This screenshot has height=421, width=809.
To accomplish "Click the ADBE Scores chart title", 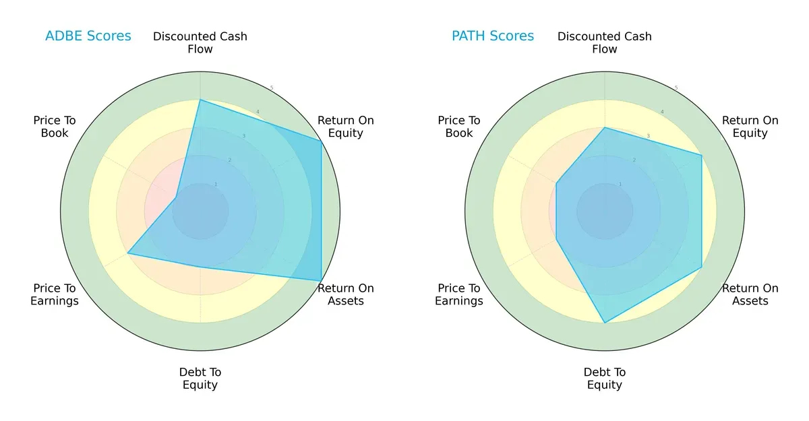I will pyautogui.click(x=88, y=36).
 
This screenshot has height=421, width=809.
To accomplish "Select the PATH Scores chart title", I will pyautogui.click(x=493, y=36).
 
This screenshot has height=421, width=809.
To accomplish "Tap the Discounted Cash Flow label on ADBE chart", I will pyautogui.click(x=200, y=42).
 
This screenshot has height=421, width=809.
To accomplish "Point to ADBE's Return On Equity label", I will pyautogui.click(x=346, y=127).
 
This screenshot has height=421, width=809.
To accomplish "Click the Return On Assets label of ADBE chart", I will pyautogui.click(x=346, y=294).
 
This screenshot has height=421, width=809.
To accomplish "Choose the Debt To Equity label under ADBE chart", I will pyautogui.click(x=200, y=379).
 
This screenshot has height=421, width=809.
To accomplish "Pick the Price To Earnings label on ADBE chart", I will pyautogui.click(x=55, y=294).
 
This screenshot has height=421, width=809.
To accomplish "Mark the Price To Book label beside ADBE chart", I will pyautogui.click(x=55, y=127).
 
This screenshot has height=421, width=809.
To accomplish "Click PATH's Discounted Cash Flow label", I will pyautogui.click(x=605, y=42).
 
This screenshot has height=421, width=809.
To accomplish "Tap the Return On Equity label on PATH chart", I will pyautogui.click(x=750, y=127).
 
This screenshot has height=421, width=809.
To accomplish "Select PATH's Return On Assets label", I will pyautogui.click(x=750, y=294).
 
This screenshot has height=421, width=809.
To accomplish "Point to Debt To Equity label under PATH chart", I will pyautogui.click(x=605, y=379).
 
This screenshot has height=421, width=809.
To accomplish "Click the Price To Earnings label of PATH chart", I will pyautogui.click(x=459, y=294).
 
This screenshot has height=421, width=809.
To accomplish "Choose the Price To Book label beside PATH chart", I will pyautogui.click(x=459, y=127).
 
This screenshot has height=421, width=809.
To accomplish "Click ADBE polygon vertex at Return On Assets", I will pyautogui.click(x=321, y=280).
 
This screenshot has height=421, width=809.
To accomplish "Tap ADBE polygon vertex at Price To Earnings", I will pyautogui.click(x=128, y=253).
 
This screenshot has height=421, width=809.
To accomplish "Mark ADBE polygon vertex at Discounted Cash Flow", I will pyautogui.click(x=200, y=100).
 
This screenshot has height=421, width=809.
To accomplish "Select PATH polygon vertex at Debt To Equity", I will pyautogui.click(x=605, y=323).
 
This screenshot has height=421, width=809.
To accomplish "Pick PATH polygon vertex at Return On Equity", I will pyautogui.click(x=701, y=156).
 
